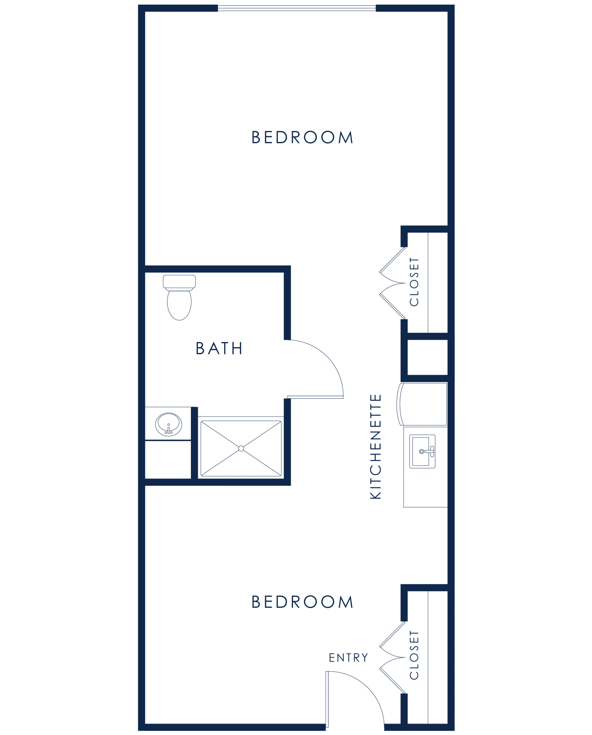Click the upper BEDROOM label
[302, 137]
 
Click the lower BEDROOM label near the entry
[302, 601]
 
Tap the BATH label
[219, 348]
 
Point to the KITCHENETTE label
[375, 447]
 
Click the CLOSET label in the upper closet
[414, 282]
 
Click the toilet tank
[179, 282]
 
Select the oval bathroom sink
[168, 424]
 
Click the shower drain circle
[241, 448]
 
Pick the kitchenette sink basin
[420, 451]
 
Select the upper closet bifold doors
[392, 283]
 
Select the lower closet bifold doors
[392, 657]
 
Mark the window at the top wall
[297, 8]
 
